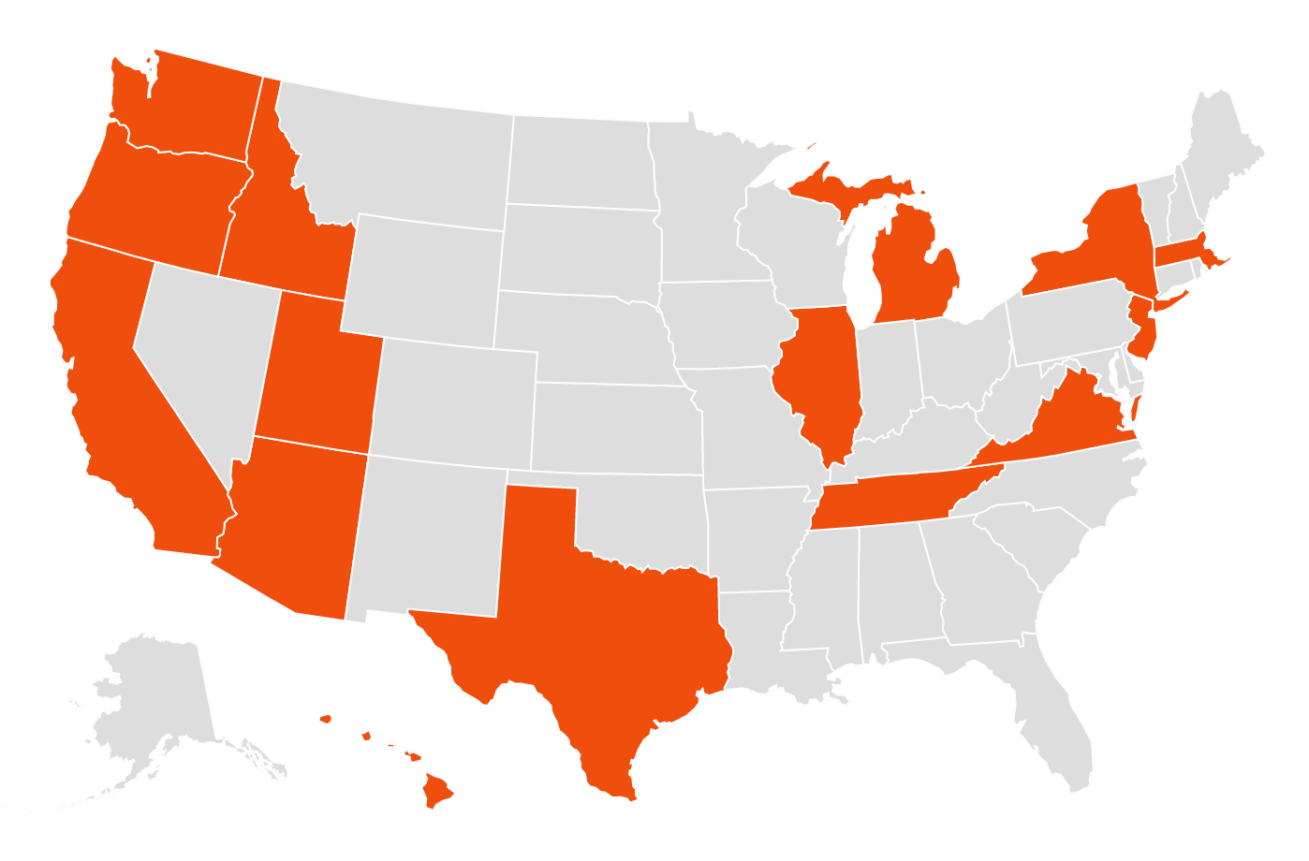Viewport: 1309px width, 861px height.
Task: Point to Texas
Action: [x=599, y=636]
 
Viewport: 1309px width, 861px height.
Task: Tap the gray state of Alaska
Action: [x=159, y=702]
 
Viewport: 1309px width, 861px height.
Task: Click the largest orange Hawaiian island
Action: [x=437, y=788]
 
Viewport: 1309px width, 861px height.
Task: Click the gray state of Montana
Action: [x=393, y=159]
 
